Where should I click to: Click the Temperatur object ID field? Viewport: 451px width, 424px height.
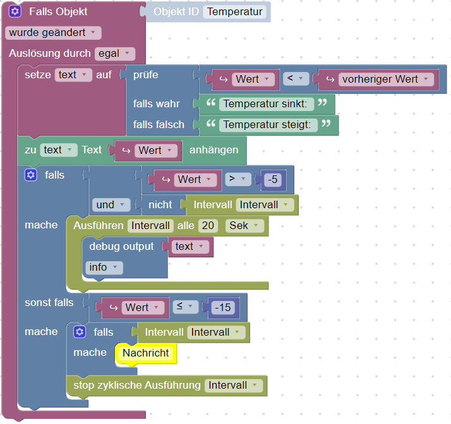234,11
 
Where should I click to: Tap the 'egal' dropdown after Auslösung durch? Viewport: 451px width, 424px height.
115,54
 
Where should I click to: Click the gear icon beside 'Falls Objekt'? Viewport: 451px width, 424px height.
15,11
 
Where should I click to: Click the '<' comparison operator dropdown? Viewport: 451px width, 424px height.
294,79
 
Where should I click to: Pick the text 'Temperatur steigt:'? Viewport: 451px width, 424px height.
267,124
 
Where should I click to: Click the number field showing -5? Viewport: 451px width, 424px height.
273,179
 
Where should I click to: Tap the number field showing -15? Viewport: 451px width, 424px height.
222,307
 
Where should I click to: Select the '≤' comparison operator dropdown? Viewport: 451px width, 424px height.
185,307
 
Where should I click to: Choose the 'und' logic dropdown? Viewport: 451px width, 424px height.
111,204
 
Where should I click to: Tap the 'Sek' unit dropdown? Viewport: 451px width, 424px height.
244,225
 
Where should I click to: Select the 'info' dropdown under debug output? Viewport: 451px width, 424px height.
104,267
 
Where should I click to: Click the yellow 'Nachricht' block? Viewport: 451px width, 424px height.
146,353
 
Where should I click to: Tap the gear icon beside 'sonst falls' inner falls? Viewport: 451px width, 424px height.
80,332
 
